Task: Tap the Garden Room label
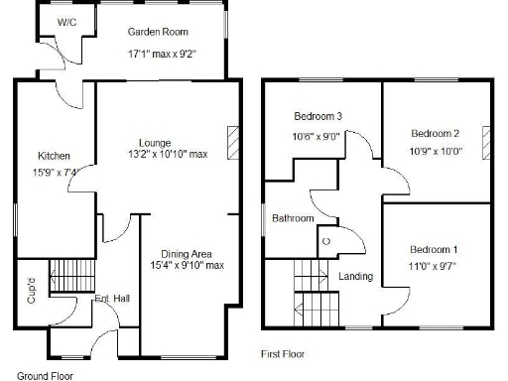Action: tap(157, 32)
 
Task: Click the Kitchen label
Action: tap(53, 156)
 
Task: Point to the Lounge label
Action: tap(155, 141)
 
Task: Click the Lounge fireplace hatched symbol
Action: tap(233, 142)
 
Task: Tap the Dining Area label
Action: tap(187, 253)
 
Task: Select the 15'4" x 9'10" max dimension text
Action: tap(188, 265)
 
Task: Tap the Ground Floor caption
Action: tap(46, 376)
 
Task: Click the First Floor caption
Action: tap(283, 353)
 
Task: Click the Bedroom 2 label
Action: tap(436, 133)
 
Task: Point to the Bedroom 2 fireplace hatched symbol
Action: tap(486, 141)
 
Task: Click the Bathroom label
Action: tap(294, 218)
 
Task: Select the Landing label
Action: tap(355, 276)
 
